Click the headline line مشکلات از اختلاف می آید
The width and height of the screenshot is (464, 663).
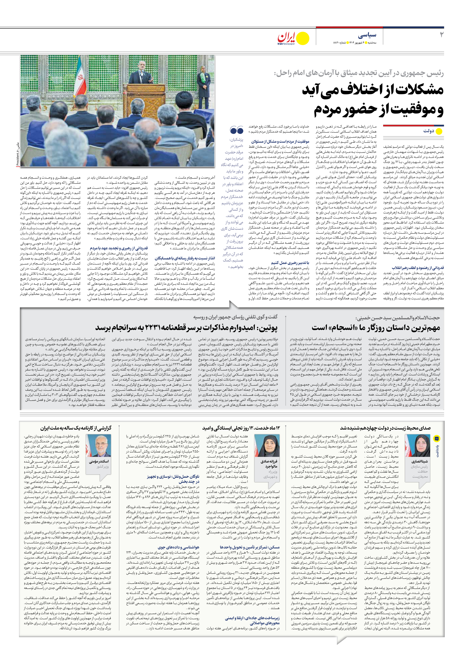372,90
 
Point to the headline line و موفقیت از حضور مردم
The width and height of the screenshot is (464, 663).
378,110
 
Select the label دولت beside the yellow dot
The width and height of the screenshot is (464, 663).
429,131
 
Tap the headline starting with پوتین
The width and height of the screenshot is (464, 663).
186,328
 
